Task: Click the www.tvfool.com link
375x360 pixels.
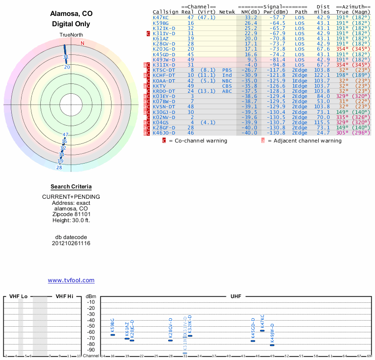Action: [x=71, y=280]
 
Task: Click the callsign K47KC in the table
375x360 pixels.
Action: [x=161, y=17]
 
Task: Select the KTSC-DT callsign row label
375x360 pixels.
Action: [x=164, y=70]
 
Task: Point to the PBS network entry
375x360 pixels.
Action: [x=227, y=70]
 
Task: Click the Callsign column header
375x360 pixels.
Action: [x=165, y=12]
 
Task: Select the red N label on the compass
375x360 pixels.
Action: [x=82, y=44]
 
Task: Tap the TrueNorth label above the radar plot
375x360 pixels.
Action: [x=71, y=36]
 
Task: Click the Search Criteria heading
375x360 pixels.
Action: [x=71, y=187]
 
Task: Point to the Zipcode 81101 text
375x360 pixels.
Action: [x=71, y=214]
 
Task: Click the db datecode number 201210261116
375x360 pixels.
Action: [x=71, y=243]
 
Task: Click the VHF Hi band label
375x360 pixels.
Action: [x=65, y=297]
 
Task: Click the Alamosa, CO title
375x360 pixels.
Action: [x=71, y=14]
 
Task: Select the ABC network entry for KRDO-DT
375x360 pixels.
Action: [x=227, y=91]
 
